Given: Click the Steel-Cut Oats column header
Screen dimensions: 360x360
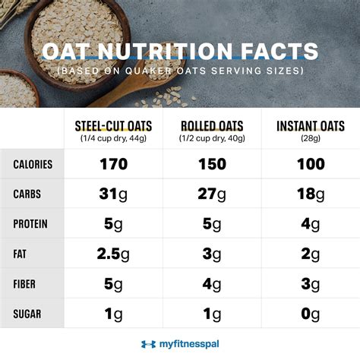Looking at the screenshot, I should click(x=114, y=126).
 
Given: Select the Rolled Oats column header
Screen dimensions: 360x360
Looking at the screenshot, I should click(x=210, y=126).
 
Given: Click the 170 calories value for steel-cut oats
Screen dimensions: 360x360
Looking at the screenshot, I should click(x=114, y=165).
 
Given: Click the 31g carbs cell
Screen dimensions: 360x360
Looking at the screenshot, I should click(x=114, y=194).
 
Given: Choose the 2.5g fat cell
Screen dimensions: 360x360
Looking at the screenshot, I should click(x=114, y=254).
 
